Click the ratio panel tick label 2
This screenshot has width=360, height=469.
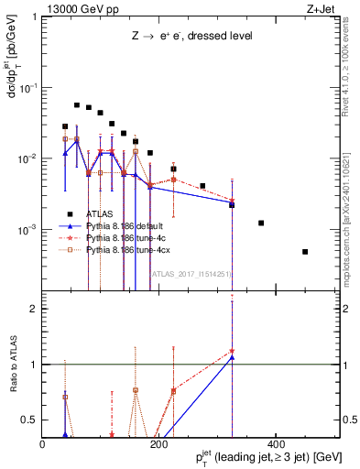[x=35, y=309]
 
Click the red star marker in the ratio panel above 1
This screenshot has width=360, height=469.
[x=232, y=351]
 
